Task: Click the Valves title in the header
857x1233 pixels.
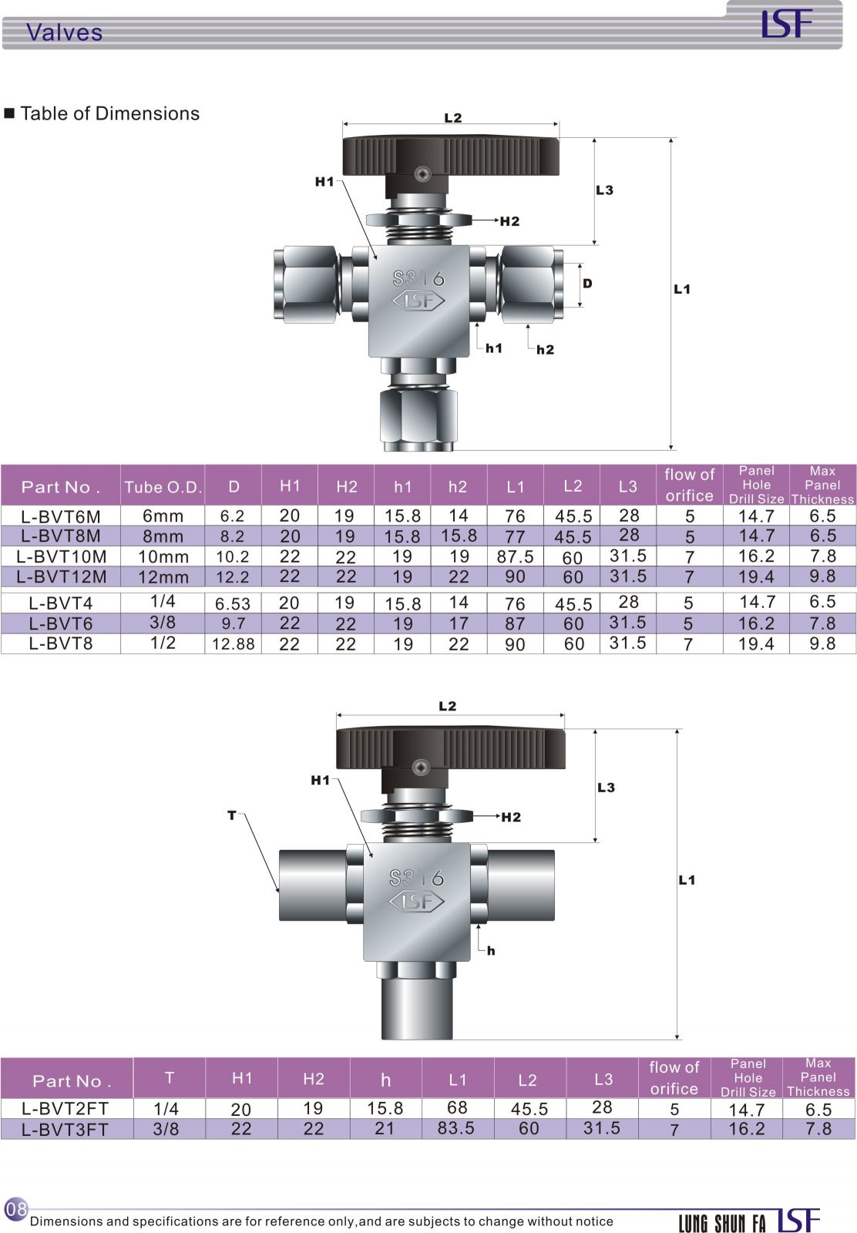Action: (x=64, y=32)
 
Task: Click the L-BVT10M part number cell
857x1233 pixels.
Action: (x=61, y=556)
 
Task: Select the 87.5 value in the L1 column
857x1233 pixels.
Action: (x=515, y=556)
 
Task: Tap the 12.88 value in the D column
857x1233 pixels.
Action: (x=233, y=643)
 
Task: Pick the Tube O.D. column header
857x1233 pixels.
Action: (x=163, y=487)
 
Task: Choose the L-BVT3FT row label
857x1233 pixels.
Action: (x=65, y=1130)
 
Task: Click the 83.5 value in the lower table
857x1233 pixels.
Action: (x=455, y=1128)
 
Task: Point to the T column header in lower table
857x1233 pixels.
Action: (x=169, y=1077)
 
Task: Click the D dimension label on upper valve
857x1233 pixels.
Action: (x=587, y=284)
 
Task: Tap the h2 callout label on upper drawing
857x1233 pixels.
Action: (x=545, y=350)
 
